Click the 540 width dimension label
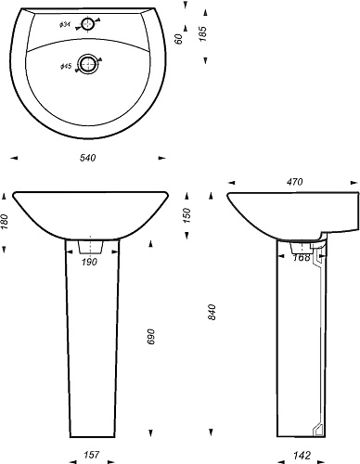(88, 158)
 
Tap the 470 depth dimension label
(294, 182)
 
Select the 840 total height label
(212, 312)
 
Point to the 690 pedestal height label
(150, 337)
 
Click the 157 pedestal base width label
(92, 455)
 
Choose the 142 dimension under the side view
(302, 455)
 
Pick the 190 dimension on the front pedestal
(89, 262)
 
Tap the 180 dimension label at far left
(5, 222)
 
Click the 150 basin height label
(186, 215)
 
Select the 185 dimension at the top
(202, 33)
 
